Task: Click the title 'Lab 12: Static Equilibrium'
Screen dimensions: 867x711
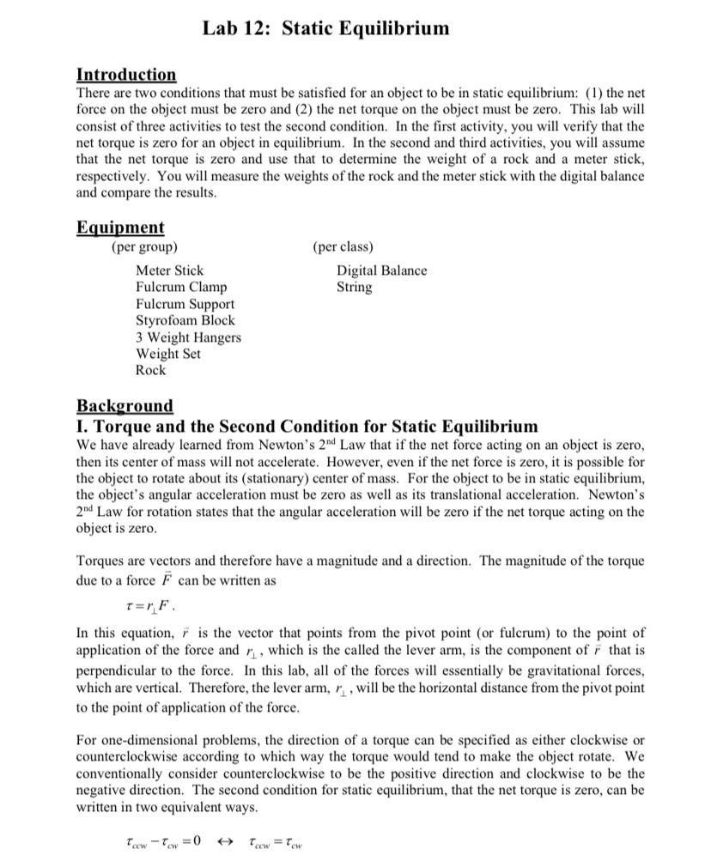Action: (325, 28)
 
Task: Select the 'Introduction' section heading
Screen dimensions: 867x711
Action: (126, 75)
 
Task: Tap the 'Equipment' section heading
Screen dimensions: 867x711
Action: (120, 227)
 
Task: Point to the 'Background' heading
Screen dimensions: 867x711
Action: (125, 405)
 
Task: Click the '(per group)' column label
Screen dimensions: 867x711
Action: (144, 247)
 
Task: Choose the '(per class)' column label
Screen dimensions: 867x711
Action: (343, 247)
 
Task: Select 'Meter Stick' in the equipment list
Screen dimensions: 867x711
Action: (170, 270)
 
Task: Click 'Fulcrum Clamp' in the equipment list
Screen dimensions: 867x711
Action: (181, 287)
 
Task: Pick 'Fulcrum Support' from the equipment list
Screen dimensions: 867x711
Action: (185, 304)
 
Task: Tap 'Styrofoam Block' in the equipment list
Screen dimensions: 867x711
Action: (185, 320)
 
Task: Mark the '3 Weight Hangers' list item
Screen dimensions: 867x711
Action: (188, 337)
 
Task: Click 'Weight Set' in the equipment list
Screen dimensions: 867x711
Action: (168, 354)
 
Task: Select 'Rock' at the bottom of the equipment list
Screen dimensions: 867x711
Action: (150, 370)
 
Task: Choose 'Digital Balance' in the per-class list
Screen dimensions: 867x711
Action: (381, 270)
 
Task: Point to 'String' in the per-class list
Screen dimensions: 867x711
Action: (355, 287)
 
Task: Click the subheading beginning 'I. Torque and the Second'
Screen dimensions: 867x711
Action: (307, 427)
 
